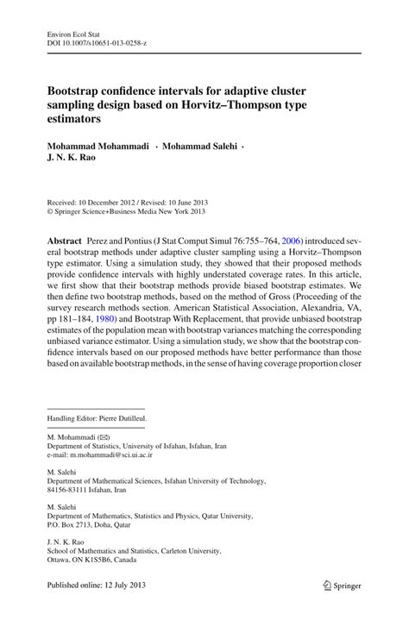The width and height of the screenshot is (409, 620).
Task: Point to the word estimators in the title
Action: click(x=77, y=121)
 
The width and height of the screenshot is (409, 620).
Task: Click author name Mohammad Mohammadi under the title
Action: click(x=94, y=147)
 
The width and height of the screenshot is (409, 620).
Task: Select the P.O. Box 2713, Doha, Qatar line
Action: click(x=92, y=523)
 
